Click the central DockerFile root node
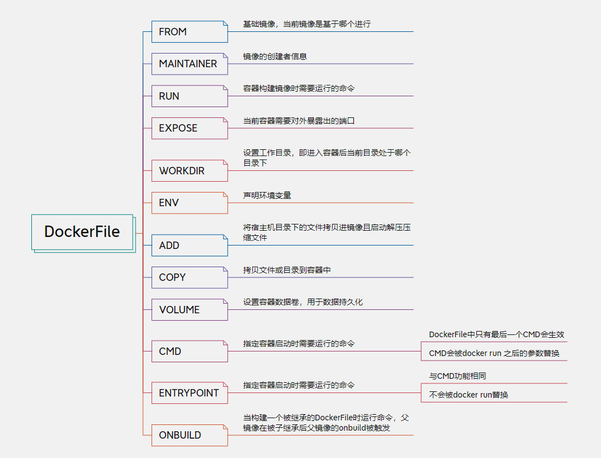point(82,232)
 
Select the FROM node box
point(189,32)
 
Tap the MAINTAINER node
point(189,64)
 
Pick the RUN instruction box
point(189,96)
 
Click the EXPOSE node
point(189,128)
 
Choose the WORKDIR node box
point(189,171)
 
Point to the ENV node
point(189,203)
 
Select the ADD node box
point(189,246)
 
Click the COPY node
point(189,277)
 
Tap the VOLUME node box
point(189,310)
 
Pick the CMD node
point(189,351)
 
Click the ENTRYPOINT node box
point(189,393)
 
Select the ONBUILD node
point(189,435)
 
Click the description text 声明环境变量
point(267,195)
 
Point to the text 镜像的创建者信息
point(275,56)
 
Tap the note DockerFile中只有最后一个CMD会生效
point(496,334)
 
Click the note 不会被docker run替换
point(468,395)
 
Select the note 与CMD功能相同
point(457,376)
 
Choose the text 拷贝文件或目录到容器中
point(287,270)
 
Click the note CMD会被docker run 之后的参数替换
point(494,353)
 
